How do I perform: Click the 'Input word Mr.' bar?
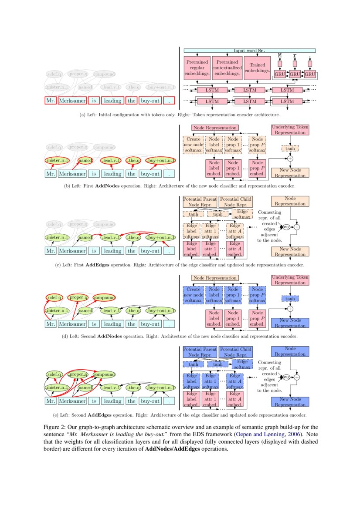(x=250, y=51)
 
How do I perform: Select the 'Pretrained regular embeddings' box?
(x=197, y=67)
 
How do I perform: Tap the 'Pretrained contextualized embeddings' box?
(x=227, y=67)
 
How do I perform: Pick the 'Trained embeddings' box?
(x=257, y=67)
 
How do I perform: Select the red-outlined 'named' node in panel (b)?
(x=85, y=160)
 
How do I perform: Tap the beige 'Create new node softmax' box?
(x=193, y=144)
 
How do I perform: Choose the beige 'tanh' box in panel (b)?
(x=290, y=148)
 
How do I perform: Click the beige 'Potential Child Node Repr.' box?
(x=236, y=201)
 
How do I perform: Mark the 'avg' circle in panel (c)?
(x=286, y=227)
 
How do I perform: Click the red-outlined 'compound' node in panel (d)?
(x=103, y=297)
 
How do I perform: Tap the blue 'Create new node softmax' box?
(x=193, y=294)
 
